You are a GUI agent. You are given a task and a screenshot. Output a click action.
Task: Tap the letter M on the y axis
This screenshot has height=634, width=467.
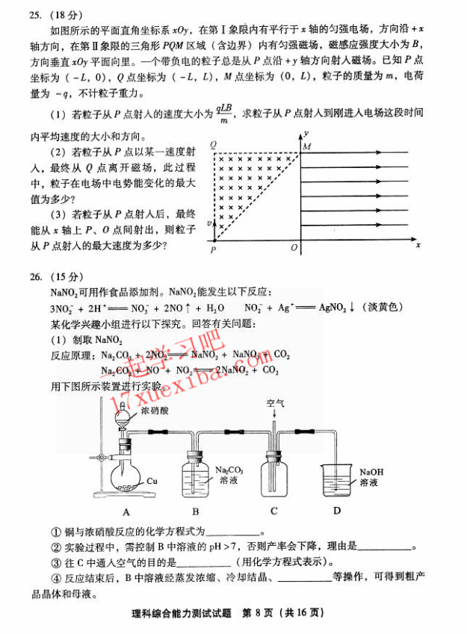coord(306,147)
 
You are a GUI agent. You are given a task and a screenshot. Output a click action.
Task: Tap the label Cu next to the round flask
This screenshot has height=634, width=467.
coord(152,480)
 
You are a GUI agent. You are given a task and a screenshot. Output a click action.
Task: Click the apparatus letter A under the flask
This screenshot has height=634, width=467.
coord(126,512)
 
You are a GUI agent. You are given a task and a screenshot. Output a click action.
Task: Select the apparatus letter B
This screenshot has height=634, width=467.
coord(196,512)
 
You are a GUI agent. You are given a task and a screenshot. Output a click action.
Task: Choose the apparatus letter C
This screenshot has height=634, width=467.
coord(274,511)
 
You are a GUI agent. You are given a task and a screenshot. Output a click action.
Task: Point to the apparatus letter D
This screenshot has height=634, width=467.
coord(337,511)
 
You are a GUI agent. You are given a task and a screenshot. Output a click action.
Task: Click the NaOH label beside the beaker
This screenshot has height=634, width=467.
coord(371,471)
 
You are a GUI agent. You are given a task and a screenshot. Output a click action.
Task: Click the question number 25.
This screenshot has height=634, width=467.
coord(36,13)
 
